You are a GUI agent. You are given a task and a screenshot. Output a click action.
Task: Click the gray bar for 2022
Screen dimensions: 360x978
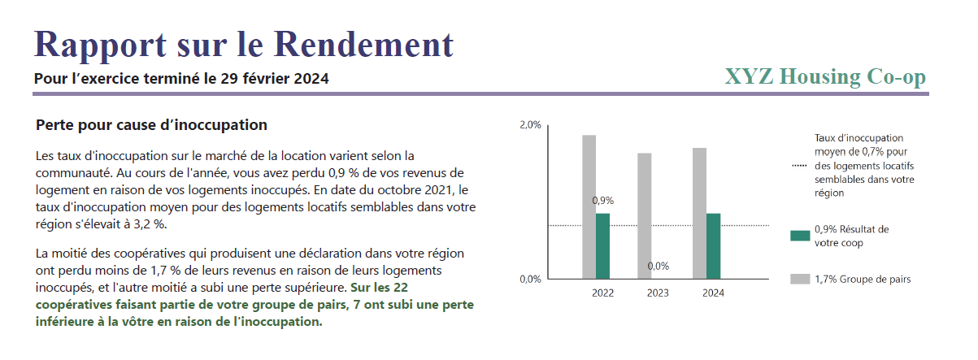tap(589, 206)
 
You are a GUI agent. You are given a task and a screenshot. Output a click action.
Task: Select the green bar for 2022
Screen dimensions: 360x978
tap(602, 246)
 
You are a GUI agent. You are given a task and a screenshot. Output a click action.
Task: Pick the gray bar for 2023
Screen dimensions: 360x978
tap(644, 215)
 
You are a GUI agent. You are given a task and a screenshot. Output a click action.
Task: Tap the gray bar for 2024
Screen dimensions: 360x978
tap(699, 213)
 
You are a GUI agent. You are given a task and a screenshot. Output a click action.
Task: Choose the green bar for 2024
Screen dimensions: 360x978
tap(713, 246)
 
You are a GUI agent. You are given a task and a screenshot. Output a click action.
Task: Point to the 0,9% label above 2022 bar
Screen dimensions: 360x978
tap(603, 200)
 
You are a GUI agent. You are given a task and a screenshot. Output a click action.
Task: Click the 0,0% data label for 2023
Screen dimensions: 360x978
tap(658, 266)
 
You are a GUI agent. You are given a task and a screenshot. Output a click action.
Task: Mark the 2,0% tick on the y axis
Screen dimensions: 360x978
tap(529, 126)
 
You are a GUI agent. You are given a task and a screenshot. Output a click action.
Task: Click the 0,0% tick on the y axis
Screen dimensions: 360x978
tap(529, 280)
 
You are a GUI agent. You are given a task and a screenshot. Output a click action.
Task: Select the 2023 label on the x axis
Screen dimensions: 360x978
tap(658, 293)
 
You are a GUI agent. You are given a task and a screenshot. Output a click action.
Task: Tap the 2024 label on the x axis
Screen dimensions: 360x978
tap(713, 293)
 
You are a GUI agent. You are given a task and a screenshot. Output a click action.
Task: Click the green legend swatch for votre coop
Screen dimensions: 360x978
tap(800, 236)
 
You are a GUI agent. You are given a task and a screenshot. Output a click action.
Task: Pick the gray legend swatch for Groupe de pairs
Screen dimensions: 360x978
tap(800, 280)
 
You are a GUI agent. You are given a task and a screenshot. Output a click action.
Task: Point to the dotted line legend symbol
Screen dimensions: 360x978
tap(800, 166)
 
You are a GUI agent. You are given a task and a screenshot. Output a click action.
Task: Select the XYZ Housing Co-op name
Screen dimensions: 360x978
tap(824, 77)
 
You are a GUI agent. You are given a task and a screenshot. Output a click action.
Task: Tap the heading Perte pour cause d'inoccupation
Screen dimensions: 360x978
tap(152, 126)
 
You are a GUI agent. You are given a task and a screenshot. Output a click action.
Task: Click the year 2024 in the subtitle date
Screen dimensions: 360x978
tap(312, 79)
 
